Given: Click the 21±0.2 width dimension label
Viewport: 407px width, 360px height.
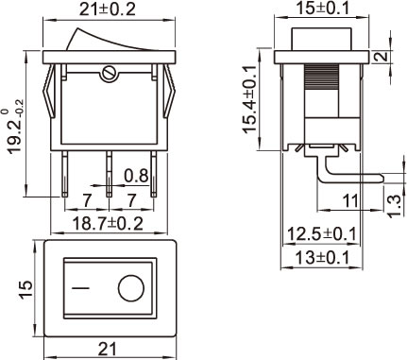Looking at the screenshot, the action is pyautogui.click(x=107, y=9).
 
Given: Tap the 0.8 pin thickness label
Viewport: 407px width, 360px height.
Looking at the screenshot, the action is pyautogui.click(x=136, y=176).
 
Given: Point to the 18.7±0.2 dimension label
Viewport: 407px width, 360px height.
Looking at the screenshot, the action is pyautogui.click(x=108, y=224).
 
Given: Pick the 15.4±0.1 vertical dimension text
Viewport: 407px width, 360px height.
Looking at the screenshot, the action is pyautogui.click(x=250, y=99).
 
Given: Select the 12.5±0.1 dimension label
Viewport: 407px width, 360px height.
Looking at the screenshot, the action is pyautogui.click(x=322, y=234).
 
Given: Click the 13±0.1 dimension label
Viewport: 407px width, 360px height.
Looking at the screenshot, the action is pyautogui.click(x=322, y=259).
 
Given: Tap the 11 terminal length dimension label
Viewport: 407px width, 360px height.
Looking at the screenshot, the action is pyautogui.click(x=350, y=201).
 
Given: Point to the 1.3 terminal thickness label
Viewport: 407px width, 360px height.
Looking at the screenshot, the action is pyautogui.click(x=395, y=206).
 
